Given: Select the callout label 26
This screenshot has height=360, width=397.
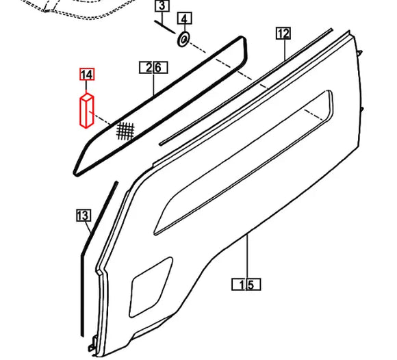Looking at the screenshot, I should pos(153,67).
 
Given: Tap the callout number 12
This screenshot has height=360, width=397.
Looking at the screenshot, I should pos(283,33).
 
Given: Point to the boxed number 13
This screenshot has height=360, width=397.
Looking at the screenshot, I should pos(83,216).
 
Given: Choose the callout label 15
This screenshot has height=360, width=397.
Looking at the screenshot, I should pos(246,283).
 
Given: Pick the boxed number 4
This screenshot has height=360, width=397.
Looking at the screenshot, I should pos(185,18).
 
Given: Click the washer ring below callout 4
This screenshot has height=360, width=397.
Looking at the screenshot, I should pos(183,40).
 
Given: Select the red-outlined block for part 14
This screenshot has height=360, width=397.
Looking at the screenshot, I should pos(87,112).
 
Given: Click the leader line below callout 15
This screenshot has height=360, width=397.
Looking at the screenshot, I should pos(246,257).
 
